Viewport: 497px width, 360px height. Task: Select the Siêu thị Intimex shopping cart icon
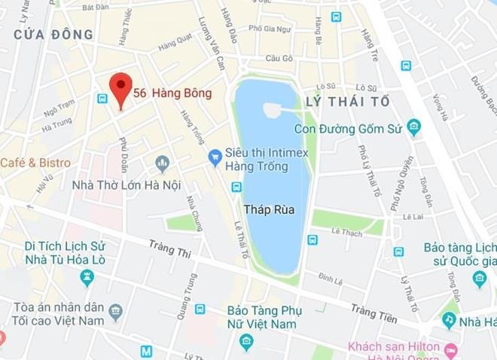[x=215, y=157]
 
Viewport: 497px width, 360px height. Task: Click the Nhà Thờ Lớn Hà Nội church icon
[x=162, y=163]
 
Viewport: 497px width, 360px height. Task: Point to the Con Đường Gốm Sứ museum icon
[x=413, y=127]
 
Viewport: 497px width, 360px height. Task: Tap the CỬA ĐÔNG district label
[x=53, y=35]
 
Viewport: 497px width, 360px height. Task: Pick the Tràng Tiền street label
[x=374, y=312]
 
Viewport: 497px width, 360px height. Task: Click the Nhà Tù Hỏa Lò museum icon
[x=87, y=279]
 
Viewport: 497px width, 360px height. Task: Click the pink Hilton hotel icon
[x=451, y=350]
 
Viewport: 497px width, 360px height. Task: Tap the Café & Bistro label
[x=35, y=163]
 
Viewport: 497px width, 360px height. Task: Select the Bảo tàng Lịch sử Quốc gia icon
[x=480, y=279]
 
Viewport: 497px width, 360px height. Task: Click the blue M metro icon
[x=146, y=351]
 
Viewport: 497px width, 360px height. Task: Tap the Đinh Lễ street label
[x=330, y=280]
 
